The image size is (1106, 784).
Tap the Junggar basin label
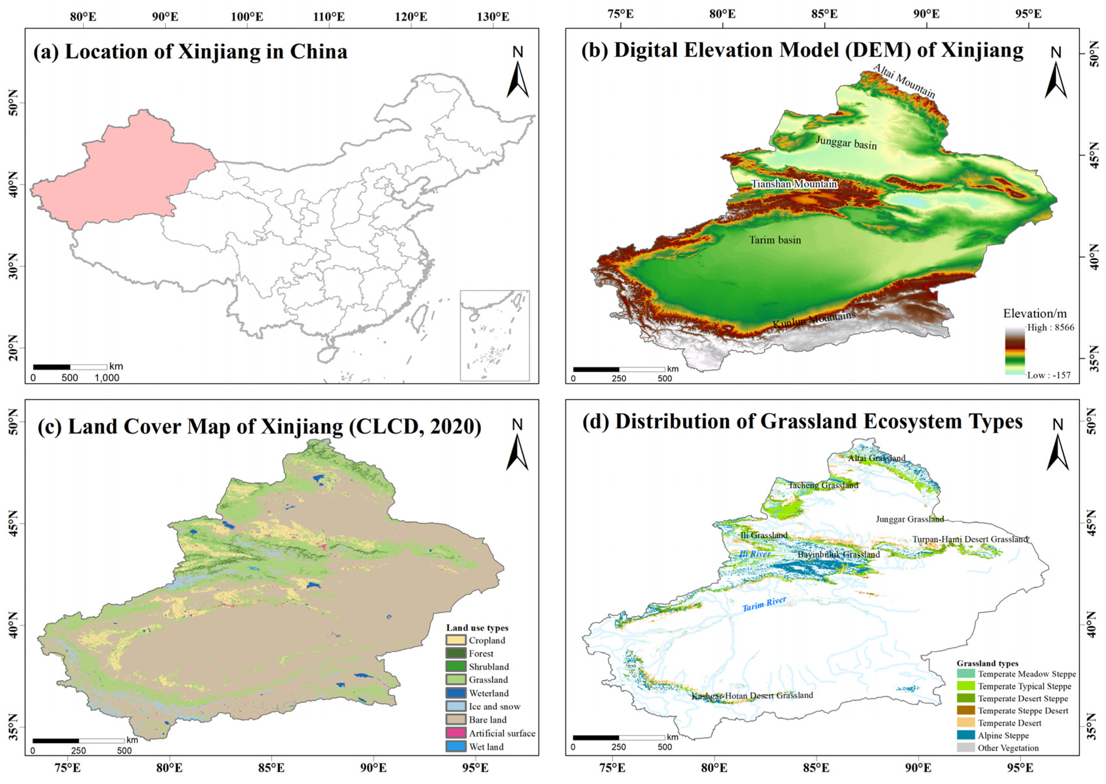[x=846, y=142]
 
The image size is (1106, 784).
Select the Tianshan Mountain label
[x=794, y=184]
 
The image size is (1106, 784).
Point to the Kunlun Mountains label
[x=814, y=320]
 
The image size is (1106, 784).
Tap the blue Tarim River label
[x=764, y=604]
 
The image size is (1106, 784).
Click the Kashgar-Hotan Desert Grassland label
[x=752, y=696]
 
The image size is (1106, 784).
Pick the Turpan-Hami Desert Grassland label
[x=970, y=539]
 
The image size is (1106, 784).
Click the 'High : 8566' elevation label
[x=1050, y=327]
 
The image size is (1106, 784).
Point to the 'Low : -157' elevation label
[x=1048, y=375]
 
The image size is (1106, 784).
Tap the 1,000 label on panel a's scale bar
[x=107, y=378]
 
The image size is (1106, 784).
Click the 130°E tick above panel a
[x=493, y=17]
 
